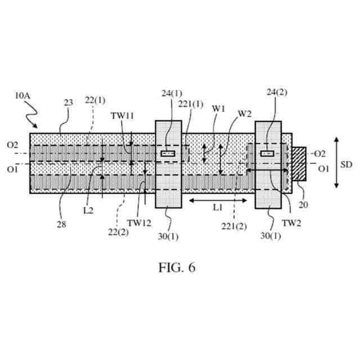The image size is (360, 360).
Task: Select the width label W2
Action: point(244,113)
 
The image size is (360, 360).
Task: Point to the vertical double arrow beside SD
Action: point(336,162)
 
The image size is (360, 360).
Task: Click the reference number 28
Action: point(61,224)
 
